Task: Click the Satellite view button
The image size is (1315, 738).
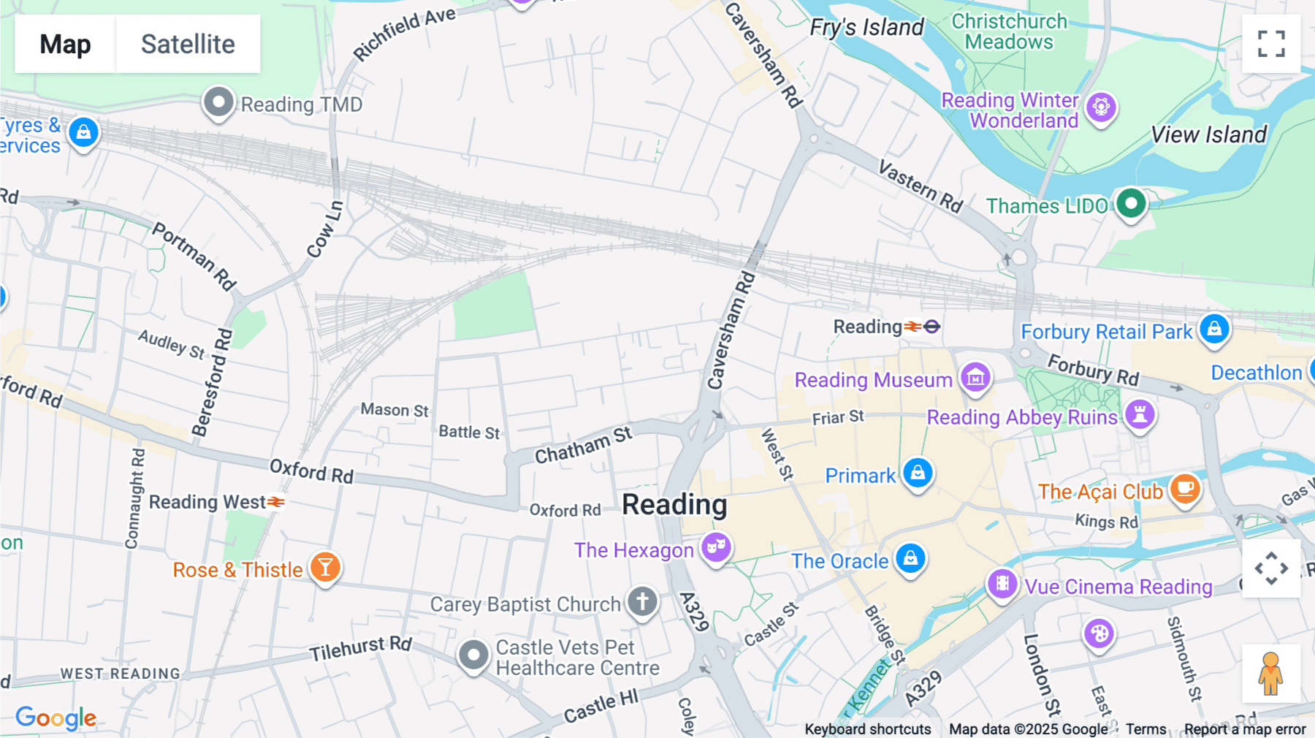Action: (x=188, y=44)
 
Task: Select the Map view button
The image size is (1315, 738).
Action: (x=65, y=44)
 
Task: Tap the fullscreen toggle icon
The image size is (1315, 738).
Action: (x=1271, y=44)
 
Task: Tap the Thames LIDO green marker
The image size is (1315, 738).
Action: (x=1131, y=204)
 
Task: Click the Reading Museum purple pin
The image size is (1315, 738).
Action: (x=975, y=378)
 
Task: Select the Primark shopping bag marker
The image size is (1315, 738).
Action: (x=918, y=473)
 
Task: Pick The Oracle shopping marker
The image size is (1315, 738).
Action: (x=910, y=559)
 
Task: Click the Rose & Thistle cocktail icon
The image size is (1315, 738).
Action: (x=325, y=567)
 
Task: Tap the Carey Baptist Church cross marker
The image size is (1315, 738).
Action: (x=642, y=602)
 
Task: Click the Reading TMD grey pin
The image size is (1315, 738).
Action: (x=218, y=102)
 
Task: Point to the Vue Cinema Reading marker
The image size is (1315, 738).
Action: (x=1002, y=584)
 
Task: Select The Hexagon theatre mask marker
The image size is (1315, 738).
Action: (x=716, y=547)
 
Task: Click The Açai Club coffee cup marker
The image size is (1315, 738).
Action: (x=1184, y=488)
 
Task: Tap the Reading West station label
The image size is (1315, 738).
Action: (x=207, y=502)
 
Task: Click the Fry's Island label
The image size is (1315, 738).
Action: (x=866, y=28)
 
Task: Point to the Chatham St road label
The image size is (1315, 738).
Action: (x=583, y=446)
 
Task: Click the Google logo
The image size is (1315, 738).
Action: (x=56, y=718)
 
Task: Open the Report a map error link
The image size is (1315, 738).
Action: (x=1245, y=729)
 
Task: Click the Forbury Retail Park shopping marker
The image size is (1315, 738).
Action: (x=1214, y=329)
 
